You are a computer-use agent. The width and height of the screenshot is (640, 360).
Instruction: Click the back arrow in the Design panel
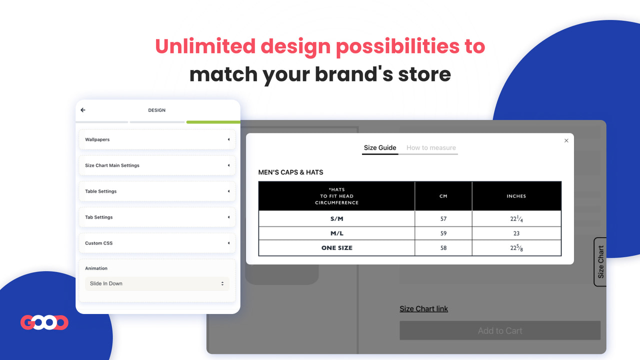(83, 110)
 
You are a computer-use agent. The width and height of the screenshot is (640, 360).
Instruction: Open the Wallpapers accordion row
(157, 139)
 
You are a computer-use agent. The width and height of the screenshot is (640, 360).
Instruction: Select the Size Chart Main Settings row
(157, 165)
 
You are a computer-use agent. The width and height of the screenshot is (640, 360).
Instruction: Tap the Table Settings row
(157, 191)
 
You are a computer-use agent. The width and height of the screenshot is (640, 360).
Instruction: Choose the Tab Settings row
(157, 217)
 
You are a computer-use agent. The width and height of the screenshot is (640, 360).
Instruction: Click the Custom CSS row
(157, 243)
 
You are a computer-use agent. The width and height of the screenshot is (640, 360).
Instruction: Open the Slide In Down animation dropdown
(157, 283)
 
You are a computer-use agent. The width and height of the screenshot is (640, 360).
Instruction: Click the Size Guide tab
(380, 148)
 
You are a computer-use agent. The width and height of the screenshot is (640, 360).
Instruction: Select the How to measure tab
(431, 148)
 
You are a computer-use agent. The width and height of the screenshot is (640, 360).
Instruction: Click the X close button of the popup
(566, 140)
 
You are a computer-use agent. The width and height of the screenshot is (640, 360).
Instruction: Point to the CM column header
(443, 196)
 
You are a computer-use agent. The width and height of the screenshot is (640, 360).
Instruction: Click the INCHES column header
(516, 196)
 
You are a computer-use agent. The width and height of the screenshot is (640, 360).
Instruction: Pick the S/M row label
(336, 219)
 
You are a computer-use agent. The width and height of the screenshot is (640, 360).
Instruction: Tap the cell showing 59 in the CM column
(443, 233)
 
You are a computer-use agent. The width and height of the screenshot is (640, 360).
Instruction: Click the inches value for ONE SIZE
(516, 248)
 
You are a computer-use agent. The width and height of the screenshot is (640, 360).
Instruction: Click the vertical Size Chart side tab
(600, 261)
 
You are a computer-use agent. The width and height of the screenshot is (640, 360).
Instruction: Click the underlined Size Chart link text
(423, 309)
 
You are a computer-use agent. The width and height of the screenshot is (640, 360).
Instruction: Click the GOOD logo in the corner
(44, 322)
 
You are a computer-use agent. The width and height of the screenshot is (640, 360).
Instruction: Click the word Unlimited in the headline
(205, 46)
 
